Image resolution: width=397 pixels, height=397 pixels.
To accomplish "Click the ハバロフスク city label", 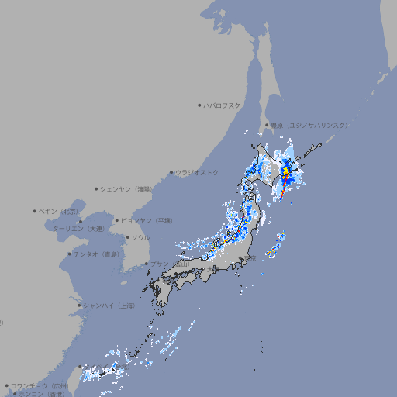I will pyautogui.click(x=223, y=105).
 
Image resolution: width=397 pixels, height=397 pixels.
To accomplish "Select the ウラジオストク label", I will pyautogui.click(x=197, y=172).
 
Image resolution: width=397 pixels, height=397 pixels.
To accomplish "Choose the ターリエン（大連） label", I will pyautogui.click(x=78, y=229).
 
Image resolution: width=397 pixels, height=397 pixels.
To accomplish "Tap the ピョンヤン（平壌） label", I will pyautogui.click(x=147, y=220).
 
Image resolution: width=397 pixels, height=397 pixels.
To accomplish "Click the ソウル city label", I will pyautogui.click(x=140, y=237).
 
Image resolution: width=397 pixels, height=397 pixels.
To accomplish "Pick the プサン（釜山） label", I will pyautogui.click(x=170, y=264).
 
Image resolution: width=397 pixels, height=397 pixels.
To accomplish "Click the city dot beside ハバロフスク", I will pyautogui.click(x=199, y=105).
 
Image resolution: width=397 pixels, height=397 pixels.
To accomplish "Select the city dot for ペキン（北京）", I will pyautogui.click(x=35, y=211).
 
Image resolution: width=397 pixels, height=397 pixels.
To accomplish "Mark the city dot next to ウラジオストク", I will pyautogui.click(x=171, y=172).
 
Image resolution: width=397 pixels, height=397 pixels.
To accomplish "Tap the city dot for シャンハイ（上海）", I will pyautogui.click(x=79, y=306).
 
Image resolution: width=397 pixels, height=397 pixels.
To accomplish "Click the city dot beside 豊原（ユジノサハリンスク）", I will pyautogui.click(x=267, y=125).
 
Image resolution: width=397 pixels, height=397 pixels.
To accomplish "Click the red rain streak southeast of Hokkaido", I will pyautogui.click(x=284, y=186).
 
